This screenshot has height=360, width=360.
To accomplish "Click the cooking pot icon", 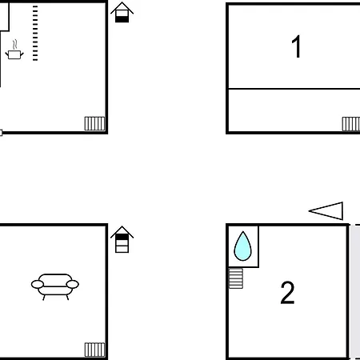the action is tap(14, 54).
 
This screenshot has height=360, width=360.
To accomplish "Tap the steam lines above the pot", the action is tap(15, 44).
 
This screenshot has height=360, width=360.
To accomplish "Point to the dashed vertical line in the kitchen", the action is tap(35, 33).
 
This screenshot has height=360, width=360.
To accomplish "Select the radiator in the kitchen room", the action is tap(94, 123).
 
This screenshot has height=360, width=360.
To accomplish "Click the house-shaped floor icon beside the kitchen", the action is tap(122, 12).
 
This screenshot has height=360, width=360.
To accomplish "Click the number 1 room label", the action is tap(296, 46).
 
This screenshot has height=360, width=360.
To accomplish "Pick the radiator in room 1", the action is tap(351, 124).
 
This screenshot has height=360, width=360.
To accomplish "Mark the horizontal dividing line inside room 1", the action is tap(294, 88).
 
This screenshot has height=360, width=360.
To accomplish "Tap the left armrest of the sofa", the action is tap(38, 284).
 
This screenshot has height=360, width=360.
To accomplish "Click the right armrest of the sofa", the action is tap(73, 284).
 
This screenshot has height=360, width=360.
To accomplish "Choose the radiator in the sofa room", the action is tap(94, 350).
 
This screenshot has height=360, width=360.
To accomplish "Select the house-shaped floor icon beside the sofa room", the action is tap(122, 239).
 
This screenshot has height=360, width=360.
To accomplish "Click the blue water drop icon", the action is tap(242, 246).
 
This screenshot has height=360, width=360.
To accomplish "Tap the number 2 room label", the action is tap(287, 293).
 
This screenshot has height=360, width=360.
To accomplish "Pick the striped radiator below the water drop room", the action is tap(236, 278).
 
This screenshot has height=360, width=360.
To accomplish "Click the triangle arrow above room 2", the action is tap(326, 211).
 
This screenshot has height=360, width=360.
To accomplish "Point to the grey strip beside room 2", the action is tap(355, 292).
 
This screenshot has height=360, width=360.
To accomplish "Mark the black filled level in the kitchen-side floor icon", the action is tap(122, 19).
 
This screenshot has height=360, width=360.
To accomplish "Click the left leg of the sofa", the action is tap(44, 298).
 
